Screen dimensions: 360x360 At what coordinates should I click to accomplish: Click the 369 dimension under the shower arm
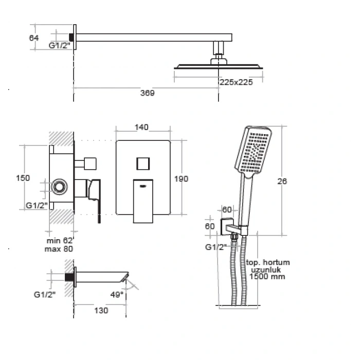pyautogui.click(x=148, y=93)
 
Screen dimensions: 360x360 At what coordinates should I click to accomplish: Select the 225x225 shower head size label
pyautogui.click(x=236, y=82)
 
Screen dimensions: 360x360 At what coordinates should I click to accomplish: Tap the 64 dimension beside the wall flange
pyautogui.click(x=34, y=38)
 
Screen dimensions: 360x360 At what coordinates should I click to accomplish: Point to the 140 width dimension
pyautogui.click(x=141, y=127)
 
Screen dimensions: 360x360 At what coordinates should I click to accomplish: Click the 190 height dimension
pyautogui.click(x=181, y=179)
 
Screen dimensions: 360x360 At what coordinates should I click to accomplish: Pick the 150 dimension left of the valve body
pyautogui.click(x=23, y=178)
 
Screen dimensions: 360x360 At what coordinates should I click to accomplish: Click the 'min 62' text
pyautogui.click(x=60, y=241)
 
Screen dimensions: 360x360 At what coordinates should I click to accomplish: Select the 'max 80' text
pyautogui.click(x=59, y=249)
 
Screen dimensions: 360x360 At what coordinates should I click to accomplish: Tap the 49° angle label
pyautogui.click(x=117, y=295)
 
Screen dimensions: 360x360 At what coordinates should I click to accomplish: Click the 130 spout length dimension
pyautogui.click(x=101, y=311)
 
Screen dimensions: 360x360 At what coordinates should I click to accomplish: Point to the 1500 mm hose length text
pyautogui.click(x=267, y=277)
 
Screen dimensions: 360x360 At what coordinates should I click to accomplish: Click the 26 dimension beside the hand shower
pyautogui.click(x=282, y=182)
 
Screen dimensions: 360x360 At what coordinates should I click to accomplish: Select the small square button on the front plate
pyautogui.click(x=143, y=164)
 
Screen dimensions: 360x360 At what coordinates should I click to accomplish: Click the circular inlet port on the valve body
pyautogui.click(x=59, y=186)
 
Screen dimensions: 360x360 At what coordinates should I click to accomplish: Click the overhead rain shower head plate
pyautogui.click(x=219, y=67)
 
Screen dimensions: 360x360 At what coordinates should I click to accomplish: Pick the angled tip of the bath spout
pyautogui.click(x=124, y=277)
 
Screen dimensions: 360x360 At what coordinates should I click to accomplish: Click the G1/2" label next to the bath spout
pyautogui.click(x=45, y=295)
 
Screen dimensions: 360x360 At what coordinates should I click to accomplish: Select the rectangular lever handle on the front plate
pyautogui.click(x=143, y=201)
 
